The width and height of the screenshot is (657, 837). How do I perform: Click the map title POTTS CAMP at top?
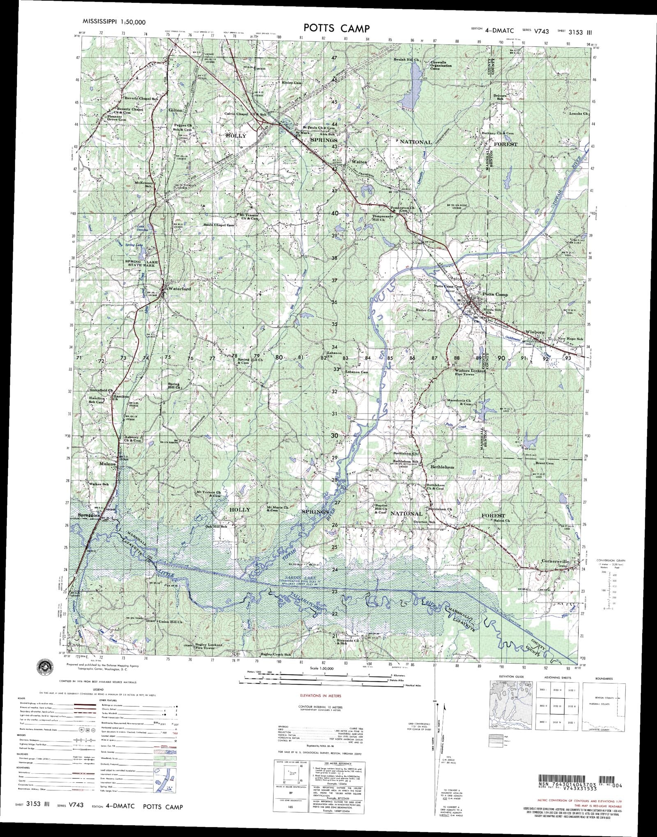coord(336,28)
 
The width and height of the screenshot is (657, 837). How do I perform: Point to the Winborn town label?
coord(535,332)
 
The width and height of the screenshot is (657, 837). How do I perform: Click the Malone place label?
coord(107,464)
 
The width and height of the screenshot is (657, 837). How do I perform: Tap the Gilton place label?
coord(175,110)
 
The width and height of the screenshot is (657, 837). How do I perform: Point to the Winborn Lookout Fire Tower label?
coord(470,373)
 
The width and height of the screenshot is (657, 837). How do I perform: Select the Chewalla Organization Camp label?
coord(441,66)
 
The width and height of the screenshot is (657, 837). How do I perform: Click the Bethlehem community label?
coord(442,467)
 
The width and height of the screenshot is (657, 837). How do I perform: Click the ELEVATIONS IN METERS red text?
coord(321,696)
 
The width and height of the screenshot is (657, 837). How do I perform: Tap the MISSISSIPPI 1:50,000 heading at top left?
coord(114,22)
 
